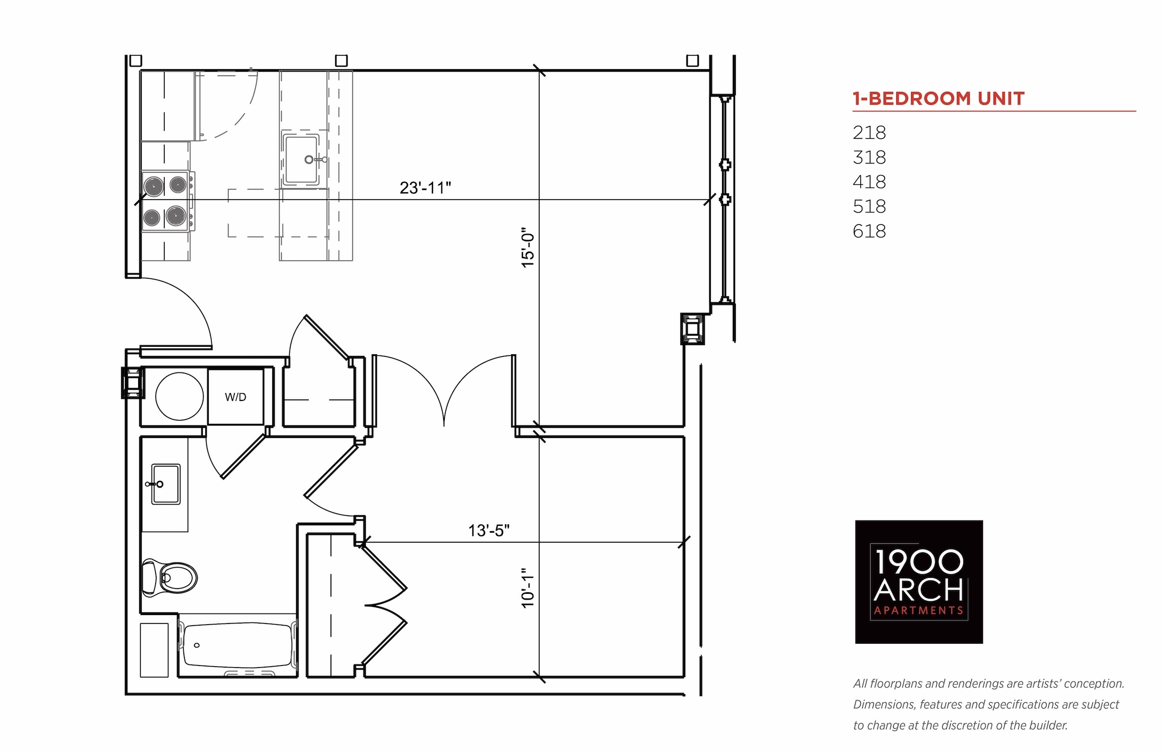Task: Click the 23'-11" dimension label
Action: tap(425, 187)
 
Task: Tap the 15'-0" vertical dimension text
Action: tap(528, 248)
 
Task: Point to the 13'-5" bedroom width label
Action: tap(489, 530)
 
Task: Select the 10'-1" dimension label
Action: tap(528, 587)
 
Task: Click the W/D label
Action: tap(235, 397)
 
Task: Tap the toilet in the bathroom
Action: tap(169, 577)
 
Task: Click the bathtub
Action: tap(238, 645)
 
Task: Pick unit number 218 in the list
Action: tap(869, 132)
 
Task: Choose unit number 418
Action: tap(869, 182)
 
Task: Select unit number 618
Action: tap(869, 231)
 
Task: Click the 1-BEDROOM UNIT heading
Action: tap(938, 98)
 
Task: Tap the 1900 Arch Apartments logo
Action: tap(919, 582)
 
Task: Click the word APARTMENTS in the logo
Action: tap(919, 611)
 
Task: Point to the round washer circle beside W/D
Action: tap(180, 397)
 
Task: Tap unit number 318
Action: tap(869, 157)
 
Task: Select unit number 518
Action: tap(869, 206)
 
